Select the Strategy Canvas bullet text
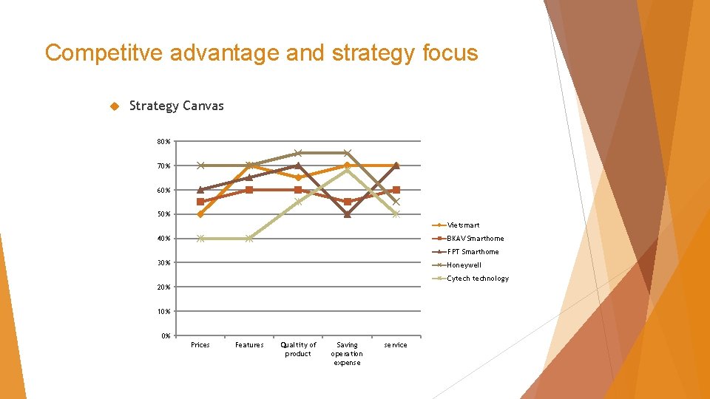click(176, 106)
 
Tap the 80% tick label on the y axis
click(163, 141)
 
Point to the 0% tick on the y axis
click(165, 336)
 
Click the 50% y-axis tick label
click(163, 214)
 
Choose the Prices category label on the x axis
click(200, 345)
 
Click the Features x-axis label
click(249, 345)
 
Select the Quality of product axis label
click(298, 349)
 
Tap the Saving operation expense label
click(347, 353)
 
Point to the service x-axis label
click(396, 345)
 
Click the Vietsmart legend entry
click(463, 225)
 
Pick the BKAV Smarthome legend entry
click(475, 238)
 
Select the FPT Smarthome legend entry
click(473, 251)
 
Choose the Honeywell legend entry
click(464, 265)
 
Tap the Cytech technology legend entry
click(477, 278)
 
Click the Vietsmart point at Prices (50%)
click(200, 214)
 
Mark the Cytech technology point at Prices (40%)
click(200, 239)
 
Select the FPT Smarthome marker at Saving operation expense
click(347, 214)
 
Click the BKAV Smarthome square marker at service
click(396, 190)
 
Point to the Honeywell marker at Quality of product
click(298, 153)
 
